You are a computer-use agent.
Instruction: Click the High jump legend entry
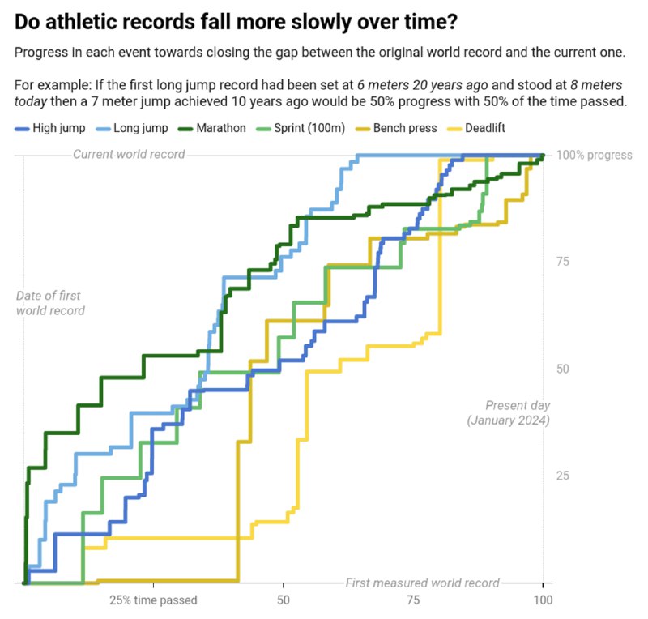[53, 128]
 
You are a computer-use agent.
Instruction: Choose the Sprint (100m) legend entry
[305, 128]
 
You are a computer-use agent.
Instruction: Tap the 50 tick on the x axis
[283, 600]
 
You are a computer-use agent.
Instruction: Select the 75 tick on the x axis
[413, 600]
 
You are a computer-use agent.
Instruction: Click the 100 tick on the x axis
[543, 600]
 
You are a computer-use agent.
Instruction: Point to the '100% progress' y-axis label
[593, 155]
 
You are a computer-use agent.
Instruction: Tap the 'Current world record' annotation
[129, 154]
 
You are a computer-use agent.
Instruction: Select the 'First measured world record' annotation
[422, 583]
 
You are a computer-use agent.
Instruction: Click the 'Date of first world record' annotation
[50, 303]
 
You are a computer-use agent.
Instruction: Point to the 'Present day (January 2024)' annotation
[509, 412]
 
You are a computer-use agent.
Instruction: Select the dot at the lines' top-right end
[543, 156]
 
